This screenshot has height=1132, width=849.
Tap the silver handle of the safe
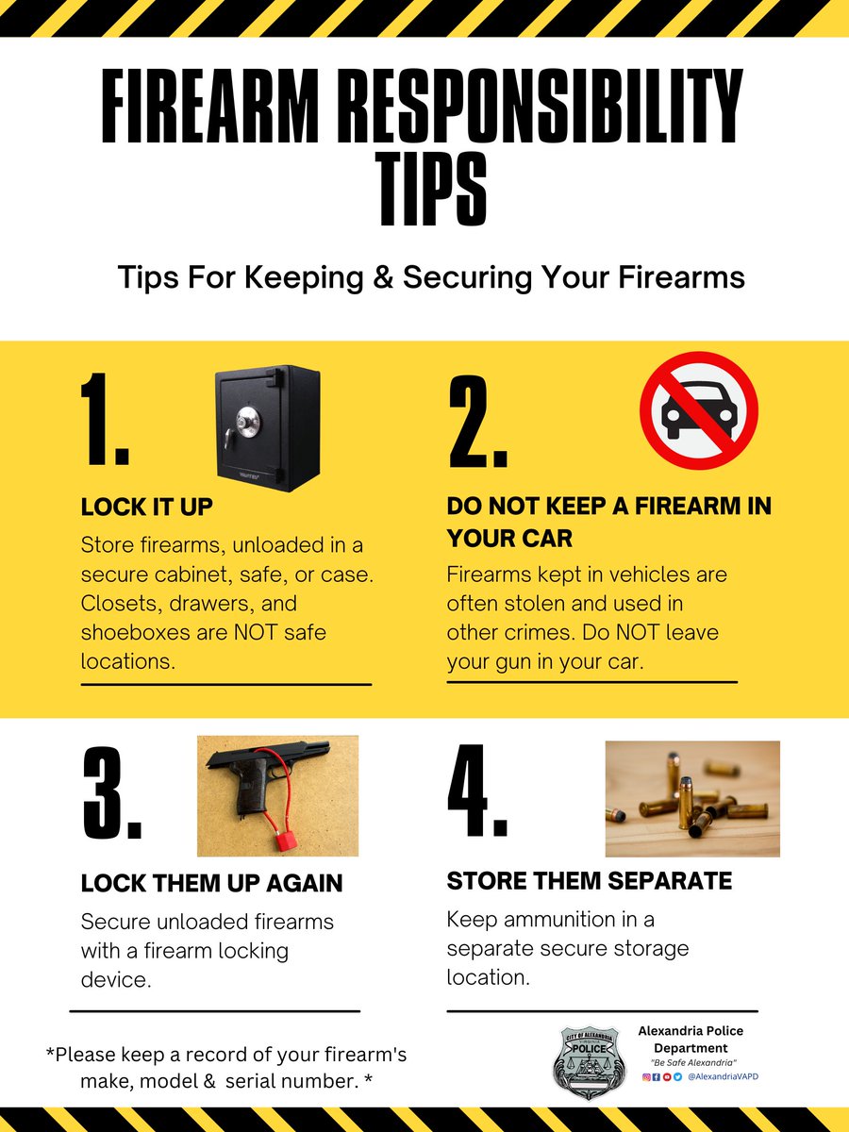pos(228,440)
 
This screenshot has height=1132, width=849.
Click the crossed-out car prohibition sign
pos(698,410)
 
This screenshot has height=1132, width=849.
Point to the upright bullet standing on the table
pos(685,804)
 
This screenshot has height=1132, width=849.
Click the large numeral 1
pos(105,419)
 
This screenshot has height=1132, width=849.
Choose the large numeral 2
pos(477,422)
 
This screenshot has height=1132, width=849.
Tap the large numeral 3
pos(112,791)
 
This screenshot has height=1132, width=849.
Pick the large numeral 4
pos(477,791)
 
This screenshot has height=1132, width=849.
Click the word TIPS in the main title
pos(434,189)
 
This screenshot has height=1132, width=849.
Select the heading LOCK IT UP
pos(147,507)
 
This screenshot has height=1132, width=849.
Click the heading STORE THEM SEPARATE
pos(590,880)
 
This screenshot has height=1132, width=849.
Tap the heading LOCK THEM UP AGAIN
pos(212,883)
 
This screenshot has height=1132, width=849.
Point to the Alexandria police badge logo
pos(589,1062)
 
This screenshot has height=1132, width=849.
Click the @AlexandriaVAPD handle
pos(724,1076)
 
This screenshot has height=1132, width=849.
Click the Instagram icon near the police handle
pos(646,1077)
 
